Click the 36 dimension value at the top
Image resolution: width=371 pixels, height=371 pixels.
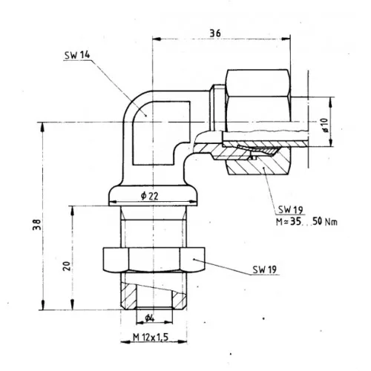(215, 33)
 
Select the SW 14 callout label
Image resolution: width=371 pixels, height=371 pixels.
(77, 55)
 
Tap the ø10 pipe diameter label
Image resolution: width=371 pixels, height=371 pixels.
(325, 125)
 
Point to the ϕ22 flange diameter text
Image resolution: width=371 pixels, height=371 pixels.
(149, 196)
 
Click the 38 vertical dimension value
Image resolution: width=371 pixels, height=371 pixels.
(36, 225)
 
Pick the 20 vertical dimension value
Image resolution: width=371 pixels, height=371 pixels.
(66, 266)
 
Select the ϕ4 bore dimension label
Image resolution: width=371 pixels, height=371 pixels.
(150, 318)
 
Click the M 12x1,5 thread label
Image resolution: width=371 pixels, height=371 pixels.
(151, 337)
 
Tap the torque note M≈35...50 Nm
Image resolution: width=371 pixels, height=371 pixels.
(306, 221)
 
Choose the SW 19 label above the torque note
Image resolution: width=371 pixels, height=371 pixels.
(291, 210)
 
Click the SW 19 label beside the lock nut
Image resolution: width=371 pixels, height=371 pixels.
(264, 269)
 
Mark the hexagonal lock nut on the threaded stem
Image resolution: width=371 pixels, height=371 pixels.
(154, 260)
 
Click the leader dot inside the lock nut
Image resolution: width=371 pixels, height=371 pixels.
(194, 259)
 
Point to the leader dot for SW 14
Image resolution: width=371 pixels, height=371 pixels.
(146, 116)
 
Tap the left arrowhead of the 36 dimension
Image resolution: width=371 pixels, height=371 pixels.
(157, 39)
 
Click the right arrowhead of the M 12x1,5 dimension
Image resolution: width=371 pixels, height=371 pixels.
(183, 342)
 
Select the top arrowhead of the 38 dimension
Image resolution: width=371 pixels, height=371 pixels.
(43, 127)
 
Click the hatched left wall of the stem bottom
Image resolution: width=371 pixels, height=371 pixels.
(128, 295)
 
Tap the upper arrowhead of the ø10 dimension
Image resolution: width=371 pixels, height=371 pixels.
(330, 102)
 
